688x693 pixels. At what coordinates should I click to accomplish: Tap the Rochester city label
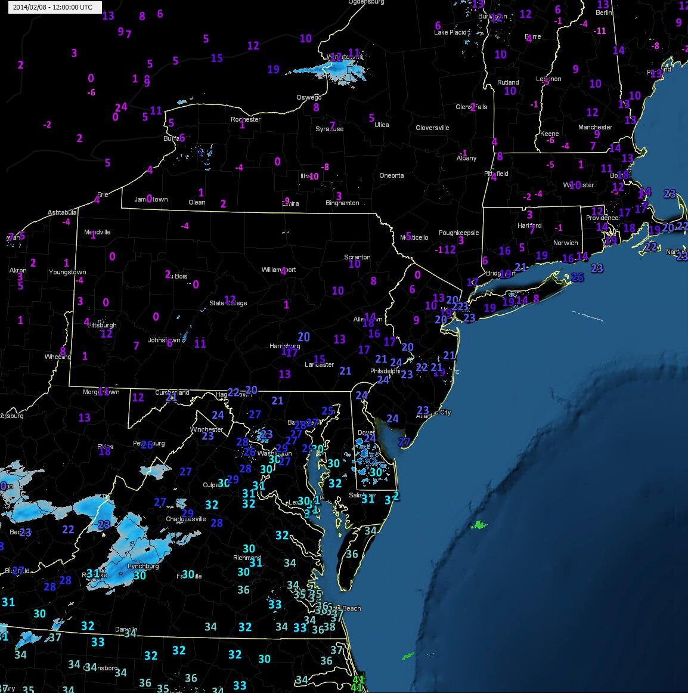coord(246,119)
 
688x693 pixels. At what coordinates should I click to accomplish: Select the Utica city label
coord(382,125)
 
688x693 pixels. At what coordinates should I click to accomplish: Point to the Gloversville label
coord(432,128)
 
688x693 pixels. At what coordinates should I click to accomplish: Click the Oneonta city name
coord(392,175)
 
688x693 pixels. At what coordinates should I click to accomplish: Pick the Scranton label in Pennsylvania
coord(357,257)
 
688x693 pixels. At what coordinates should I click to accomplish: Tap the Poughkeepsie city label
coord(458,233)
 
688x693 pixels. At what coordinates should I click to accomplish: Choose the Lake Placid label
coord(450,32)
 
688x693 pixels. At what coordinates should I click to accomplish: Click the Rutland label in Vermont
coord(508,82)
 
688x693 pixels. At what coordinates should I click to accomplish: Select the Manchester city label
coord(595,127)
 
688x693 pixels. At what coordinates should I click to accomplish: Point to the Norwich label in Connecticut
coord(565,243)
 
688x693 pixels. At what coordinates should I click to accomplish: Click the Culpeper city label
coord(212,485)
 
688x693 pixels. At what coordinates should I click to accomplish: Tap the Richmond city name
coord(247,558)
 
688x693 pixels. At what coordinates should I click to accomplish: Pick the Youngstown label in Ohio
coord(67,272)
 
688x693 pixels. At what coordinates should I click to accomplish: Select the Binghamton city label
coord(342,203)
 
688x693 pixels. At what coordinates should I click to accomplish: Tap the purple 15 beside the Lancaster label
coord(319,359)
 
